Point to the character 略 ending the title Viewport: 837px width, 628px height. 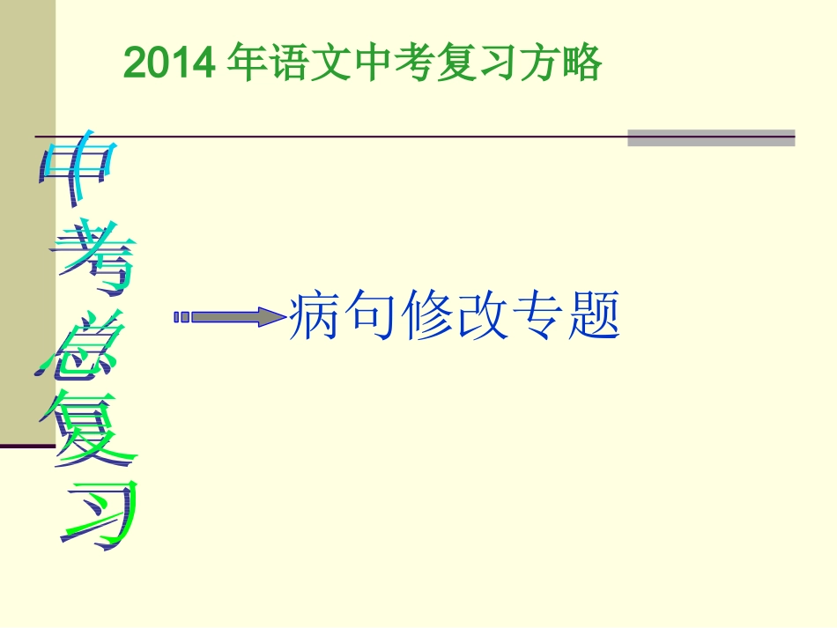(x=581, y=63)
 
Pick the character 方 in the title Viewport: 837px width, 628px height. (x=539, y=63)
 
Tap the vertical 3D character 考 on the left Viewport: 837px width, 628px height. (x=93, y=255)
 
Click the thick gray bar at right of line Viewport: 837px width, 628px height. (x=711, y=137)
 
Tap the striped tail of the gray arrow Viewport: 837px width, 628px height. (x=181, y=317)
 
